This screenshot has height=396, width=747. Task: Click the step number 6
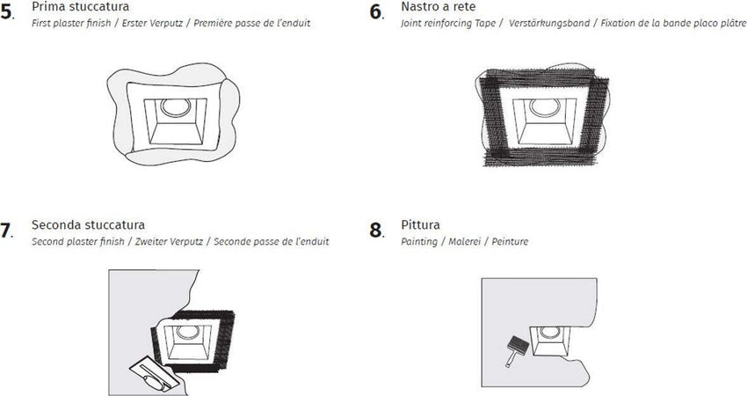(376, 12)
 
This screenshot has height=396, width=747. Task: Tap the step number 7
(6, 231)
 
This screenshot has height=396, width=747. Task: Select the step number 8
(376, 231)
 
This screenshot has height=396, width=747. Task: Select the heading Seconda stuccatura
(88, 225)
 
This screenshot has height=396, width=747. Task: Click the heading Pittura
(420, 225)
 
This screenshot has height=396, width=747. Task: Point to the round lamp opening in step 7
(185, 334)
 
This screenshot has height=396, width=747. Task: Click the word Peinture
(511, 241)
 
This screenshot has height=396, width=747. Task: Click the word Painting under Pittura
(418, 241)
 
